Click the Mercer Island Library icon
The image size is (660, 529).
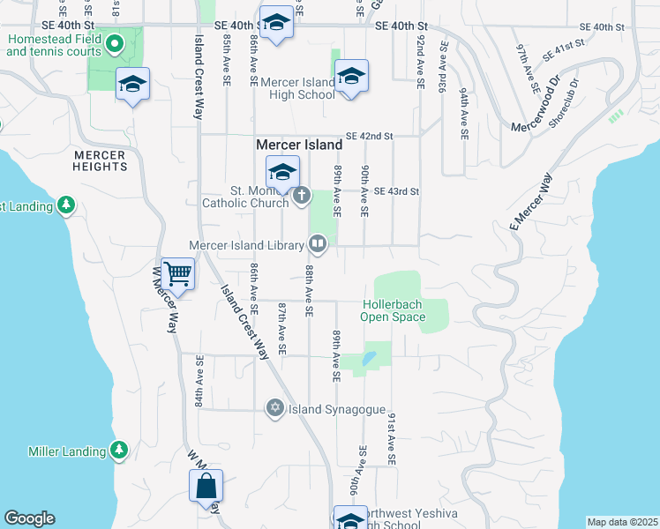tap(317, 243)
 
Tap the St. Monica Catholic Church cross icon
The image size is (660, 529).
tap(302, 195)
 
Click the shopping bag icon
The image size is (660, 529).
tap(206, 486)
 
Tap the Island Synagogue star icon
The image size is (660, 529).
tap(275, 407)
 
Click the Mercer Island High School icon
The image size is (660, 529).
tap(350, 77)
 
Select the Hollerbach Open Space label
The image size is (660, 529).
tap(393, 310)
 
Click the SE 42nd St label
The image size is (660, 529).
tap(370, 137)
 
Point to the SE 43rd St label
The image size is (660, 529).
tap(395, 191)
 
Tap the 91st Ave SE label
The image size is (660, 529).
tap(391, 438)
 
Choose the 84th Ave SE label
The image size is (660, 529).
tap(200, 381)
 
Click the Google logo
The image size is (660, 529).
tap(29, 518)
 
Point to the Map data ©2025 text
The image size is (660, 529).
tap(622, 522)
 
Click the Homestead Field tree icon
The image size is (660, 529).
tap(115, 41)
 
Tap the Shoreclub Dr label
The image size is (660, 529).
tap(564, 104)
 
